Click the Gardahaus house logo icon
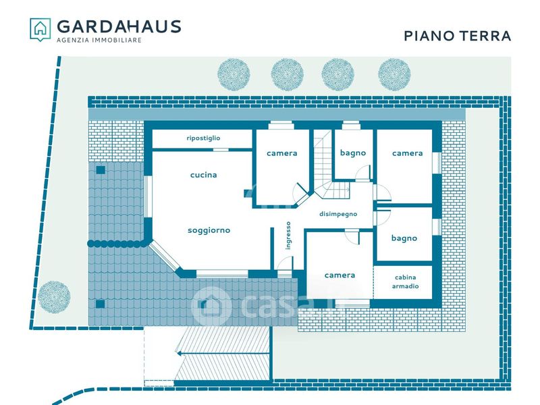[x=40, y=30]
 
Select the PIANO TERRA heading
[x=457, y=36]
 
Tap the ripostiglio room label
[x=203, y=138]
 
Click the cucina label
[x=204, y=175]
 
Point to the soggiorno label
[x=209, y=230]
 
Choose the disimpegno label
[x=338, y=214]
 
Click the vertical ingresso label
[x=288, y=236]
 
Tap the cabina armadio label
[x=406, y=281]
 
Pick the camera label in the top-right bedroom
[x=408, y=153]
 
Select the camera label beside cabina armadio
[x=340, y=275]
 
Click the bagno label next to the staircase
[x=353, y=153]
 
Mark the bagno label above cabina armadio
[x=404, y=238]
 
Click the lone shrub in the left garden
[x=54, y=297]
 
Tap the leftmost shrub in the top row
[x=234, y=74]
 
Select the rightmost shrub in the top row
[x=394, y=74]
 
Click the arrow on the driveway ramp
[x=222, y=353]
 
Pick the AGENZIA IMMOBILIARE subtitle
[x=99, y=40]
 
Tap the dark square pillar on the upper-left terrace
[x=101, y=170]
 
